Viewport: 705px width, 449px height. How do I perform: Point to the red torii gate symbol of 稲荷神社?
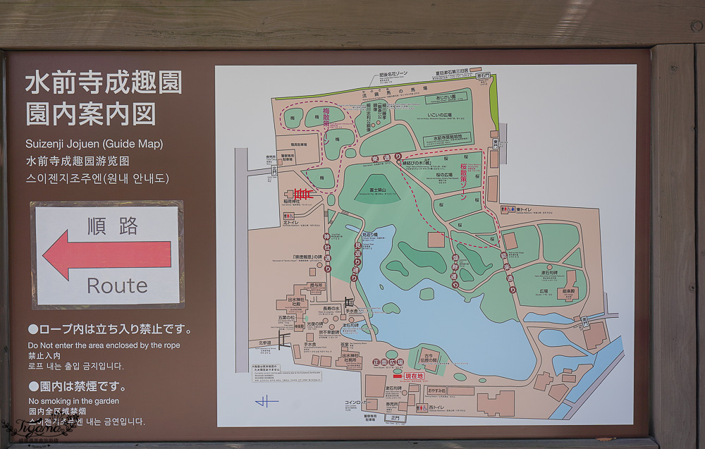click(x=302, y=193)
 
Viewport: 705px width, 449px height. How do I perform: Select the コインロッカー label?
click(x=356, y=402)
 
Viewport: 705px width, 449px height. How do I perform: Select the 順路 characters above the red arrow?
click(x=113, y=226)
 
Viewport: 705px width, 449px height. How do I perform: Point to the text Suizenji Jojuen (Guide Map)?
click(x=94, y=144)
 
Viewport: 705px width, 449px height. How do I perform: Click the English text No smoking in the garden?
click(x=73, y=401)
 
